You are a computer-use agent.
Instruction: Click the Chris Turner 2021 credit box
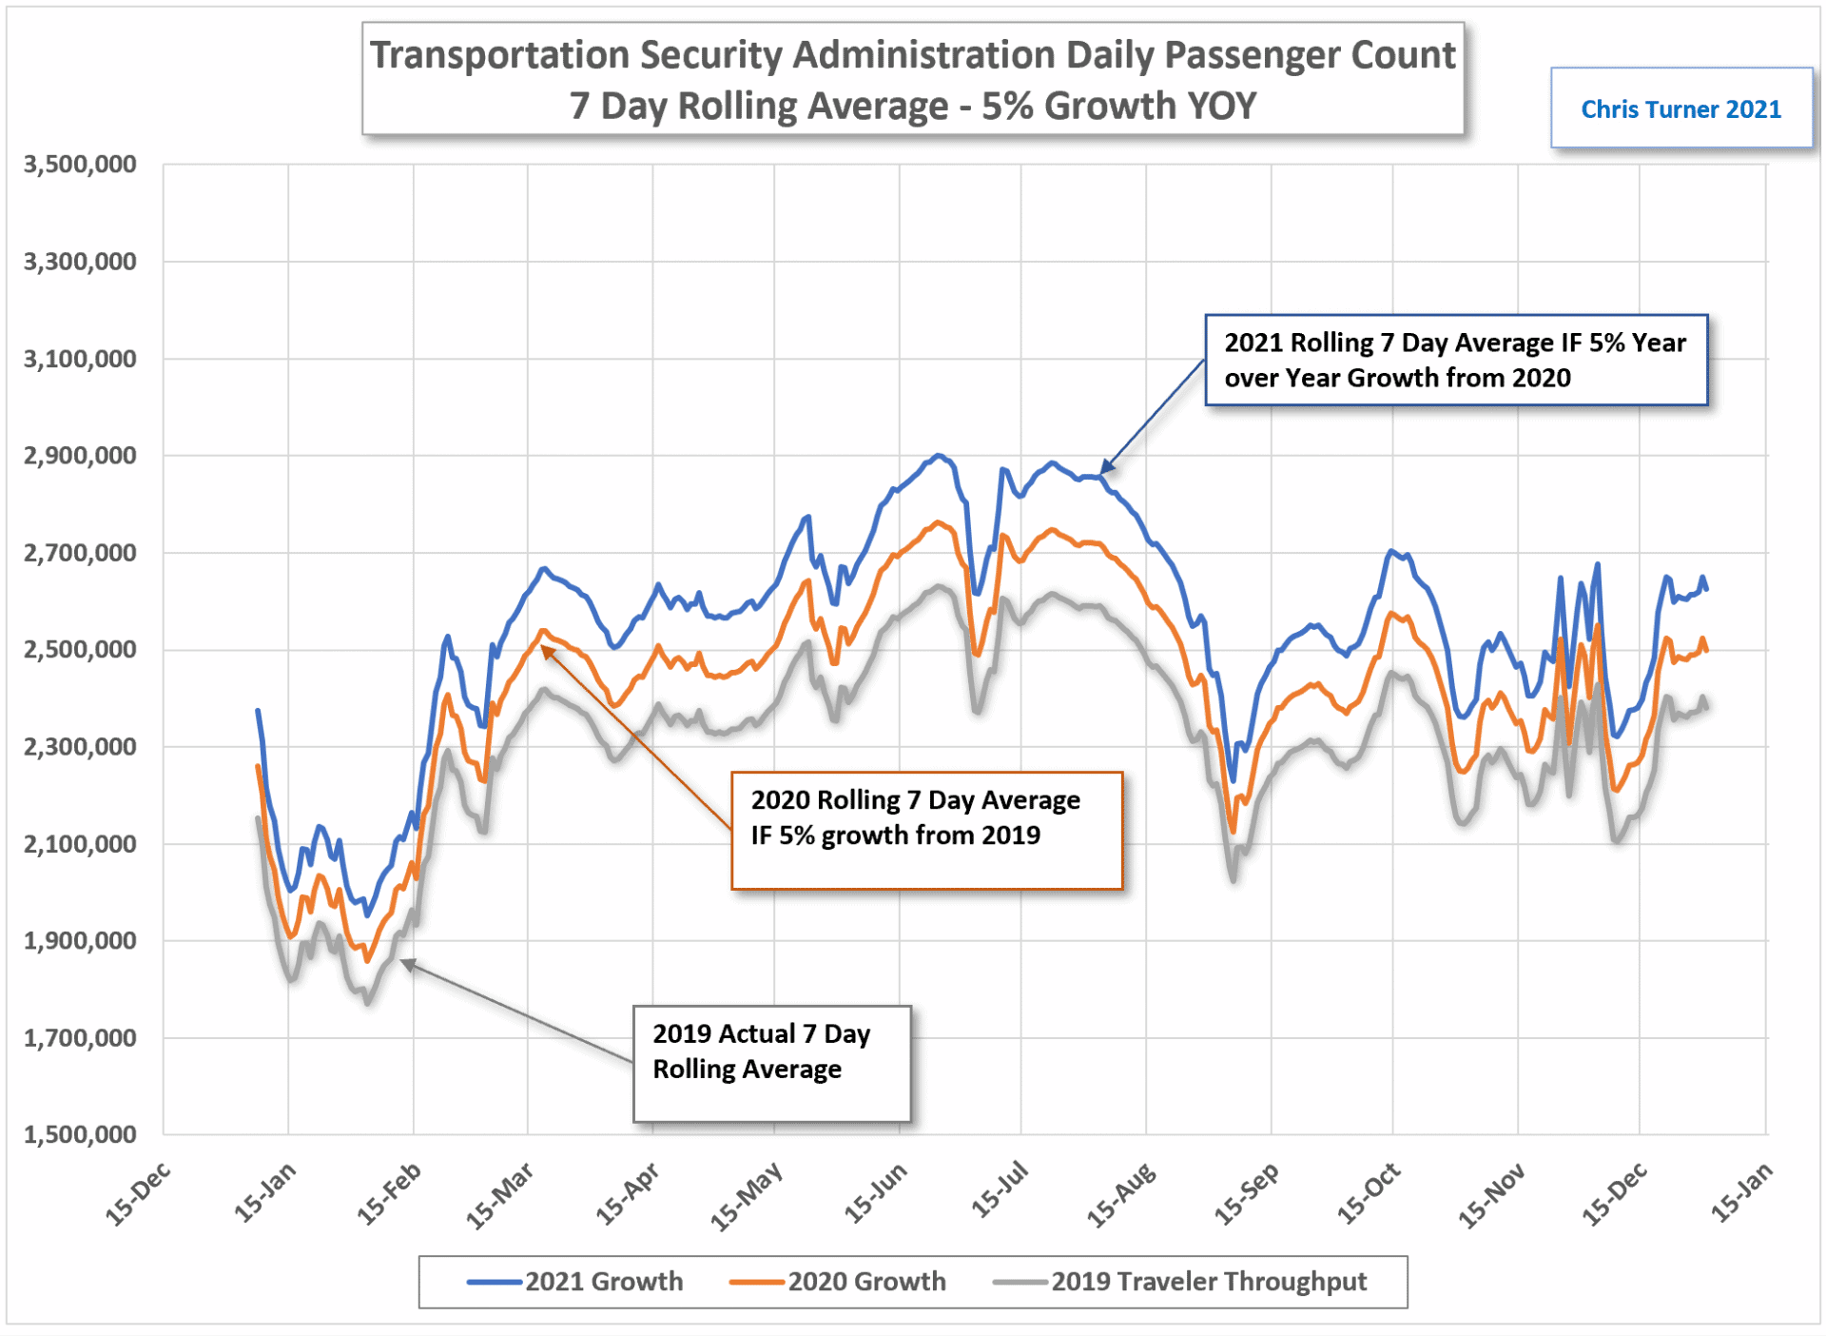tap(1680, 108)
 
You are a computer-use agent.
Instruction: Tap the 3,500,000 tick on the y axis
tap(80, 164)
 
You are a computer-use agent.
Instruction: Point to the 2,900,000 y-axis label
tap(80, 455)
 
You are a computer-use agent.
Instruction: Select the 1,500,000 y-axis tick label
tap(80, 1133)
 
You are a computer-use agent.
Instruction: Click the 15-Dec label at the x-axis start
tap(138, 1194)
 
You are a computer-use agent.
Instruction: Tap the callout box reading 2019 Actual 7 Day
tap(771, 1063)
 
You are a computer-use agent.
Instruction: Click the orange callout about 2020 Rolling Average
tap(926, 830)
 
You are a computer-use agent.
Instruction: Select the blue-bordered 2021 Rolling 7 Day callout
tap(1455, 360)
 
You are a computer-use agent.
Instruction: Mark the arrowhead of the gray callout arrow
tap(403, 963)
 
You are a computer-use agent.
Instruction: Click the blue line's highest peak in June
tap(939, 456)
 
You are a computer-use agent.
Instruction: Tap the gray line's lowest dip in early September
tap(1234, 880)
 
